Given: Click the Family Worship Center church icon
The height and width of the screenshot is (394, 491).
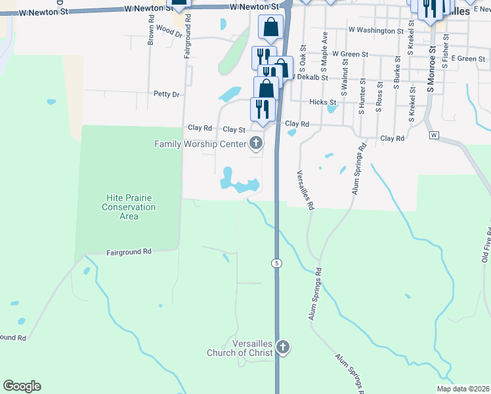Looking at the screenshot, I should point(256,144).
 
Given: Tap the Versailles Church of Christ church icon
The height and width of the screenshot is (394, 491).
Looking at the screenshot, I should point(283,347).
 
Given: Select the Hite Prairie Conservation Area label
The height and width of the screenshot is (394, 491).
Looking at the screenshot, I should point(129,207).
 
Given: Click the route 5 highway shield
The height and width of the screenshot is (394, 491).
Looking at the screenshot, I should point(278,263).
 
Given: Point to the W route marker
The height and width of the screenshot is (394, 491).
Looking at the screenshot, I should point(434,135).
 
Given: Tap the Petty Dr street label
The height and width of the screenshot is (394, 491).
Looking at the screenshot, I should point(166,95).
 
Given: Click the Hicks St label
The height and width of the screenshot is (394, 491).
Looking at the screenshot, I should point(322,102).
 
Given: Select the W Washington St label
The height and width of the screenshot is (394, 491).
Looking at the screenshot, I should point(376,30).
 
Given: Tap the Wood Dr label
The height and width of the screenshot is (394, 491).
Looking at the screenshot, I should point(165,31).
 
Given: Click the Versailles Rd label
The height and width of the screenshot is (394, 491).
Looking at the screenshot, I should point(304,188).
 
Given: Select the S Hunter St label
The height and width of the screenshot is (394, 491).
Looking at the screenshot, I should point(362,97).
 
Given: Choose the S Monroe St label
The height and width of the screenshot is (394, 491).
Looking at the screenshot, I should point(432,66).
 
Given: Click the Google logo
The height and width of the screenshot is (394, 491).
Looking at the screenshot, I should point(22,386).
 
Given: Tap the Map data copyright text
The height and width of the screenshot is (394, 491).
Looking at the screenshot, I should point(462,389).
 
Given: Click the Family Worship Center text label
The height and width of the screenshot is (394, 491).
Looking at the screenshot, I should point(200,144).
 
